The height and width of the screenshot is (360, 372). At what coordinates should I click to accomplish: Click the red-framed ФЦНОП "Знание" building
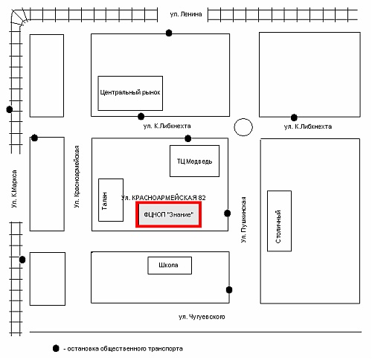click(x=168, y=214)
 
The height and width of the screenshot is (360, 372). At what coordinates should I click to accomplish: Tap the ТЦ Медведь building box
click(x=194, y=161)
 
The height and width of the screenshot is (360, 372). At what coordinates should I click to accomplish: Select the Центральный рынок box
click(x=130, y=93)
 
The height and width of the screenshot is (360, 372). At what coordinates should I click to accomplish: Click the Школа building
click(x=170, y=266)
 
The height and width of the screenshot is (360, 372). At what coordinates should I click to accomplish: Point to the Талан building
click(x=111, y=200)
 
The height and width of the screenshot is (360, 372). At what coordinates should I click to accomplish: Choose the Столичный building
click(x=279, y=221)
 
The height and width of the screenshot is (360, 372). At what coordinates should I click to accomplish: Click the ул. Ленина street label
click(x=186, y=14)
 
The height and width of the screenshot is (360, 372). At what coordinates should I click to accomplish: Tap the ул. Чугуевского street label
click(x=202, y=317)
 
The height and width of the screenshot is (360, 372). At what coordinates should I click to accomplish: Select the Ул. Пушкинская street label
click(x=244, y=219)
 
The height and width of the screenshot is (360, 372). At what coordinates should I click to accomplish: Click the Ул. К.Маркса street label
click(x=14, y=189)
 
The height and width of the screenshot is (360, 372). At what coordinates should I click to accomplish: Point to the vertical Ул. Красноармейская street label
click(x=77, y=176)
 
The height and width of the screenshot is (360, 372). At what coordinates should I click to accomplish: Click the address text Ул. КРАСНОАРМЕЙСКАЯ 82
click(x=164, y=198)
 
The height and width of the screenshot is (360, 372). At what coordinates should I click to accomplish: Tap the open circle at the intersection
click(x=243, y=127)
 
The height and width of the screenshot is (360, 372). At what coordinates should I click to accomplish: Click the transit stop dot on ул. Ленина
click(x=169, y=33)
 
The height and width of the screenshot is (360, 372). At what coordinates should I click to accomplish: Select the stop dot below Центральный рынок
click(x=141, y=116)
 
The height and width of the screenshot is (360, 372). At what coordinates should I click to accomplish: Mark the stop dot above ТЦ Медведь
click(x=188, y=138)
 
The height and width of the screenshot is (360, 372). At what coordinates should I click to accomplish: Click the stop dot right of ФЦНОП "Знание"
click(x=228, y=213)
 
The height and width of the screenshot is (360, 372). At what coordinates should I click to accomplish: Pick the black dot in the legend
click(x=56, y=348)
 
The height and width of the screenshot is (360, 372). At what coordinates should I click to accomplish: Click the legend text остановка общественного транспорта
click(x=125, y=349)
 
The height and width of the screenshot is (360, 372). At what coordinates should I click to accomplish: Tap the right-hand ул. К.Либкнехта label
click(x=308, y=126)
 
